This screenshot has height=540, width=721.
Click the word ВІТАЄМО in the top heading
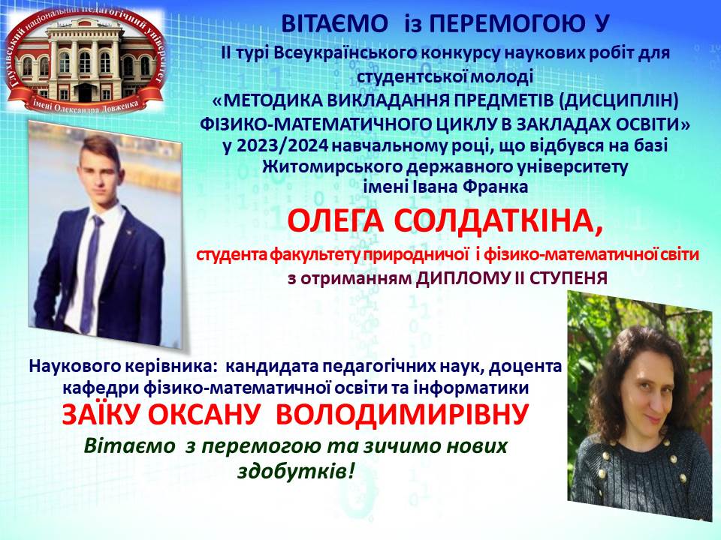click(x=334, y=24)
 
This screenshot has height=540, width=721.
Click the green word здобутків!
click(x=297, y=470)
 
